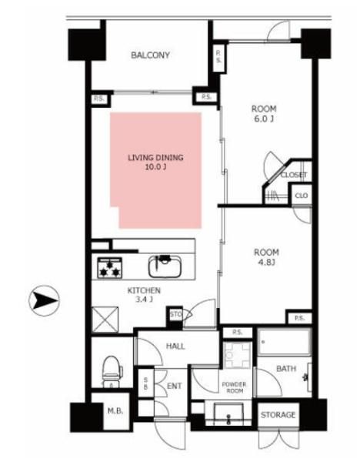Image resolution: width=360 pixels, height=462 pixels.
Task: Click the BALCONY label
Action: pos(150,55)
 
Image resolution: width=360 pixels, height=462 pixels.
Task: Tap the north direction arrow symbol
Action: pos(44,300)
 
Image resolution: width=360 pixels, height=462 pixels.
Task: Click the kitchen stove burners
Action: pos(109,267)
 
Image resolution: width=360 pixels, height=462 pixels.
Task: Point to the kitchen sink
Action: pos(165,266)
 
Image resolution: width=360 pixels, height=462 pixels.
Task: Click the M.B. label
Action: pos(115,410)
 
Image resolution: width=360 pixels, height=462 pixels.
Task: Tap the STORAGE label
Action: pos(278,415)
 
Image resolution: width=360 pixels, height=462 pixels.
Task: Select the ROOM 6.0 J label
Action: pos(264,113)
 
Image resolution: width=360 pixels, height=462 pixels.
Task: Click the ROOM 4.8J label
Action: pos(266,257)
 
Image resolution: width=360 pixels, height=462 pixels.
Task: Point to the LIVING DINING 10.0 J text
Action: pos(155,162)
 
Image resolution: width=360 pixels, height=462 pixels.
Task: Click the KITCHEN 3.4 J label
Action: pos(144,295)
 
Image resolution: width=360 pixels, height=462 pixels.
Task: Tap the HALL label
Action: pos(175,346)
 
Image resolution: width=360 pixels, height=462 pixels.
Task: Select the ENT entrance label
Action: pos(175,386)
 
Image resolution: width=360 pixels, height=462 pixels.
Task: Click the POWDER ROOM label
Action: pos(235,387)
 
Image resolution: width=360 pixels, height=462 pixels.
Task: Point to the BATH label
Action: pos(286,368)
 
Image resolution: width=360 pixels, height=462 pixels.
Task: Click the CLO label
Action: pos(302,196)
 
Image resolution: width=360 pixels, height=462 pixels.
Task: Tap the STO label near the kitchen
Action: pos(175,314)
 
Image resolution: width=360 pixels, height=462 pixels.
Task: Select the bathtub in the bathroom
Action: pos(285,342)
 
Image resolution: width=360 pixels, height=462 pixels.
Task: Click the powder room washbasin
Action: pos(228,413)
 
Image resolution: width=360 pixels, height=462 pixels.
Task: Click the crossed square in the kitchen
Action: pos(105,320)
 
